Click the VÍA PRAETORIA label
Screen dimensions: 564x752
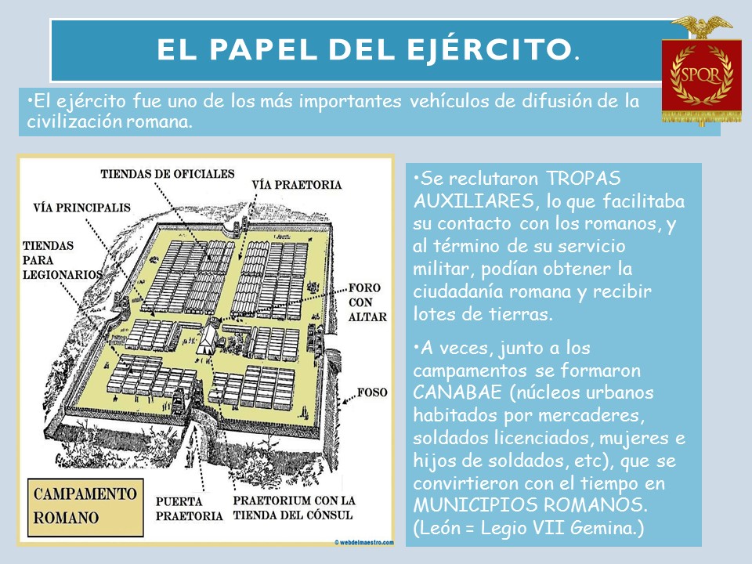tap(297, 186)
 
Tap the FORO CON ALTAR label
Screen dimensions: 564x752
tap(365, 302)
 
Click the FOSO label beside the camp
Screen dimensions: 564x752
tap(372, 391)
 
